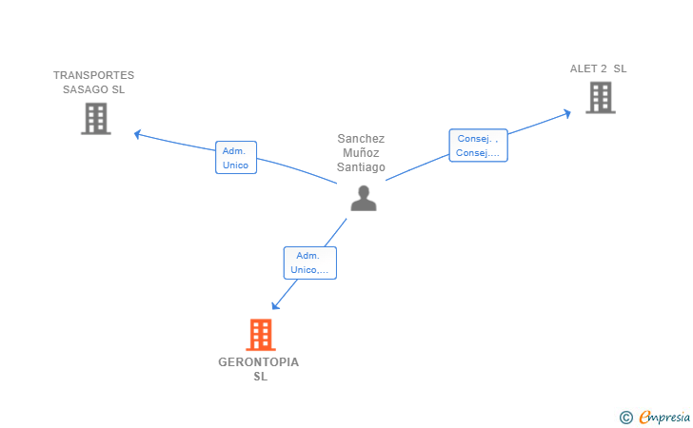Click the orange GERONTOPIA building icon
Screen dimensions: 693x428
pos(261,335)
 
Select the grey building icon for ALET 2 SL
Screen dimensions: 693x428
pos(601,98)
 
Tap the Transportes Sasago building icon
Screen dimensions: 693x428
pos(96,118)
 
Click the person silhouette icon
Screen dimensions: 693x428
pos(364,199)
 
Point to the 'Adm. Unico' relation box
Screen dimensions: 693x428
pos(236,157)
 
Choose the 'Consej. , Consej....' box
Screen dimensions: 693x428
pos(478,146)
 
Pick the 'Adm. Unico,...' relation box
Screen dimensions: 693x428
pos(309,263)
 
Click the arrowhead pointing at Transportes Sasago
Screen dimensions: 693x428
pos(137,134)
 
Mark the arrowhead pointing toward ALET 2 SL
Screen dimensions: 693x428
pos(567,113)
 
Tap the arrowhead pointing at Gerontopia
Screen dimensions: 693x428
pos(275,305)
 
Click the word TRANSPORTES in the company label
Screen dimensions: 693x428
pos(93,75)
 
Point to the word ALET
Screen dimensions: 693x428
pos(584,68)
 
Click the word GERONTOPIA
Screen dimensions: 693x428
pos(259,362)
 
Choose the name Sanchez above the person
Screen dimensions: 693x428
pos(361,139)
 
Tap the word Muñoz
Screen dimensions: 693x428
pos(361,153)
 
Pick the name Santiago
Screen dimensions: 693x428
pos(361,167)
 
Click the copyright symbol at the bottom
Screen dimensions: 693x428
pos(625,418)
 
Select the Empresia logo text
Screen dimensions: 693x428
pos(664,417)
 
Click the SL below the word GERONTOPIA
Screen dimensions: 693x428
pos(260,377)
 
